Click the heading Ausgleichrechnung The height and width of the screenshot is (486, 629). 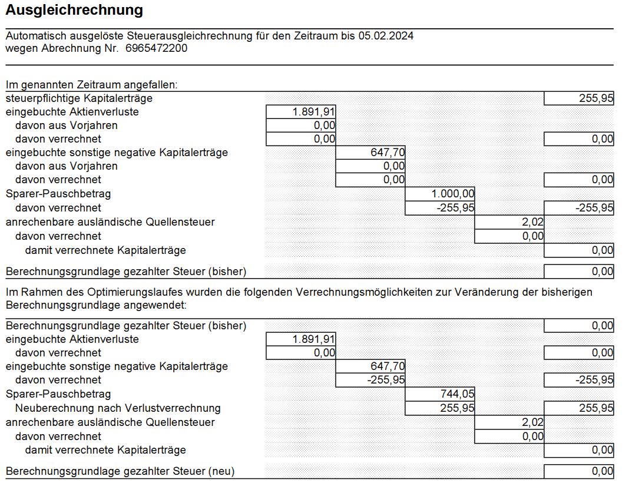point(74,10)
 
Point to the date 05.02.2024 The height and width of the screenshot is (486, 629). point(386,36)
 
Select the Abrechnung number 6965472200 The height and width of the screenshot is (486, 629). point(157,48)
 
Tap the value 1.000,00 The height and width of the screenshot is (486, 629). point(453,194)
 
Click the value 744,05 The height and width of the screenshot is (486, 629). point(458,394)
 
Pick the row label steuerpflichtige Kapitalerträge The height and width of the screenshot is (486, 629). point(79,98)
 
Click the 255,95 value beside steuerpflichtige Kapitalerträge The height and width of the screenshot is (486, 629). point(596,99)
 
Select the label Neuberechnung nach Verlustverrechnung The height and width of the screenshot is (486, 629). point(118,408)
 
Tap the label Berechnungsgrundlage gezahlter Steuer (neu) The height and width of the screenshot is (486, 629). point(120,471)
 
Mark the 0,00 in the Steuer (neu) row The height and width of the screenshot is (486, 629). point(602,471)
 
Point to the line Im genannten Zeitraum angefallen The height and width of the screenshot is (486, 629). point(91,85)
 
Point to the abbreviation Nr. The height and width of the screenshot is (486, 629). point(111,48)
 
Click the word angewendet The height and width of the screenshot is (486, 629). point(158,305)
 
